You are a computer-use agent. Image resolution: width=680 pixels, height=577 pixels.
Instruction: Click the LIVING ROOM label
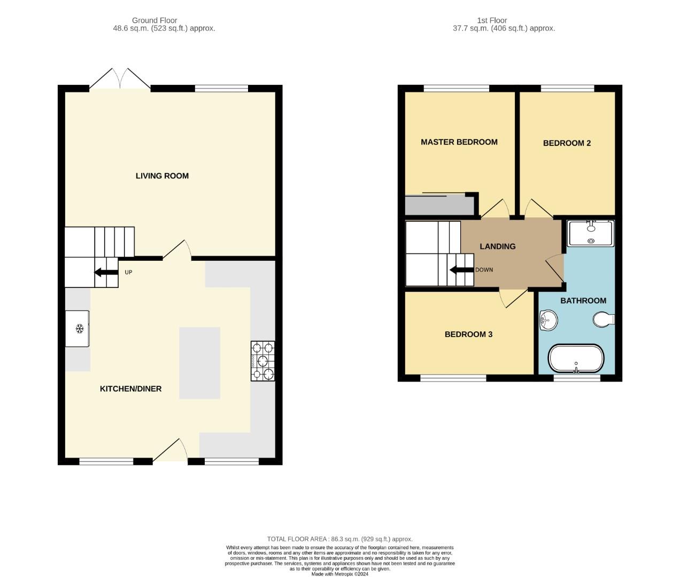pos(162,176)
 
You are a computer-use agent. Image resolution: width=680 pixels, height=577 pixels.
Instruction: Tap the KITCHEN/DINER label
pos(130,389)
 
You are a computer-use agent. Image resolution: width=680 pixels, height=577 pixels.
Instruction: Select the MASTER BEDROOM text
pos(459,142)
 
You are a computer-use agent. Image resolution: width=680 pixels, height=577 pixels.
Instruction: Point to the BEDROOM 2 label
pos(567,143)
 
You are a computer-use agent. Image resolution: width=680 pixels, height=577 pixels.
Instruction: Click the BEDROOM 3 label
pos(468,334)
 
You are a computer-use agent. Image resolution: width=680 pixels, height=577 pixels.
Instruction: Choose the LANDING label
pos(497,246)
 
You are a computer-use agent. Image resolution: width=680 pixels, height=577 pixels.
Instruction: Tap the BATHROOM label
pos(583,300)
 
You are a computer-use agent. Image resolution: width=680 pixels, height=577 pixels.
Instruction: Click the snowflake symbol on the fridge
pos(79,329)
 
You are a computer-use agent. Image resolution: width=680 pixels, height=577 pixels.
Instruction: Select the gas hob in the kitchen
pos(262,361)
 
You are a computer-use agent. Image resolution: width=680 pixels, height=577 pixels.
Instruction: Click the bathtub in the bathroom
pos(576,358)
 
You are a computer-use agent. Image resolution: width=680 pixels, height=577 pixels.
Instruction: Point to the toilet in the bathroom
pos(604,319)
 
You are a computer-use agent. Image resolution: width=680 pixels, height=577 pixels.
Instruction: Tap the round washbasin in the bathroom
pos(548,319)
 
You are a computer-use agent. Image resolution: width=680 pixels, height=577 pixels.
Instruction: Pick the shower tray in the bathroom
pos(591,233)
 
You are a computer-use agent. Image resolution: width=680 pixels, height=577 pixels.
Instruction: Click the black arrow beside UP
pos(106,272)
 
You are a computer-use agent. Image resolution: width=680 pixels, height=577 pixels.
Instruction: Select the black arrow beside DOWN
pos(462,270)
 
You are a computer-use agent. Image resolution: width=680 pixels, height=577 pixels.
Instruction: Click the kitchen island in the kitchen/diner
pos(199,363)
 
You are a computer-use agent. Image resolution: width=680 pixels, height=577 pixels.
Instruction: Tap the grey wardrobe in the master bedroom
pos(439,205)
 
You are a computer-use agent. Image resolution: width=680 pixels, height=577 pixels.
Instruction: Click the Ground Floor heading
pos(154,20)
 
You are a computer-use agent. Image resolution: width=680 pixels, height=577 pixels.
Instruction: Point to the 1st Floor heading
pos(492,20)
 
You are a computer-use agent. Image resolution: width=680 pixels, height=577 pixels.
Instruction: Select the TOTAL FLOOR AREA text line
pos(339,539)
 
